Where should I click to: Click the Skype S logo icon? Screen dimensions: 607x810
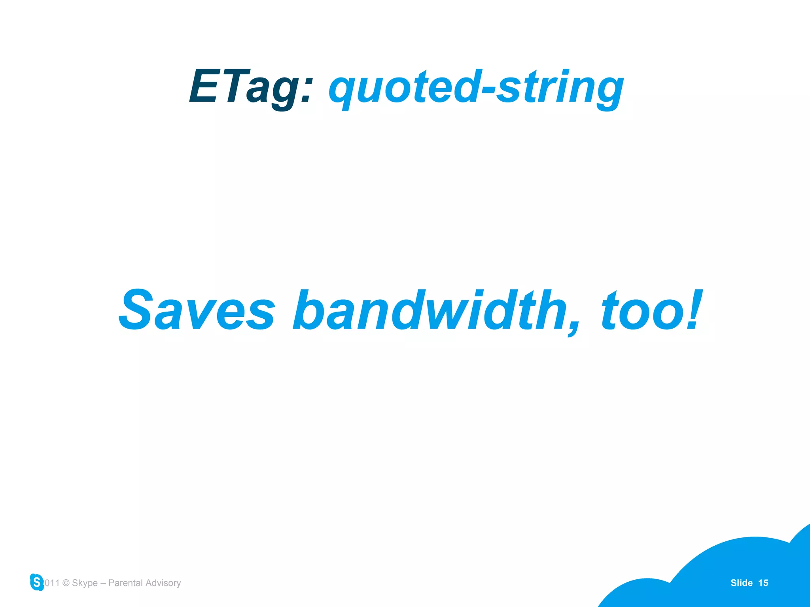pyautogui.click(x=37, y=582)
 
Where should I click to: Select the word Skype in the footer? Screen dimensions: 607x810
pyautogui.click(x=85, y=583)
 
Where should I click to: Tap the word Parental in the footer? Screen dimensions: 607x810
pyautogui.click(x=125, y=583)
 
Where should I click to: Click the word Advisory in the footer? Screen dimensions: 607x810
pyautogui.click(x=163, y=583)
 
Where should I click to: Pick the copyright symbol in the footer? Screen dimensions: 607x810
pyautogui.click(x=66, y=583)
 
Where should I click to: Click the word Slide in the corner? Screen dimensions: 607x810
pyautogui.click(x=741, y=583)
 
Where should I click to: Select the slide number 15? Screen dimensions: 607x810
pyautogui.click(x=763, y=583)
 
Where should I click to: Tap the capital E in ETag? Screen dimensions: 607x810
pyautogui.click(x=204, y=86)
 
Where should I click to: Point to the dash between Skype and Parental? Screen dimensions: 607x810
pyautogui.click(x=103, y=583)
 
